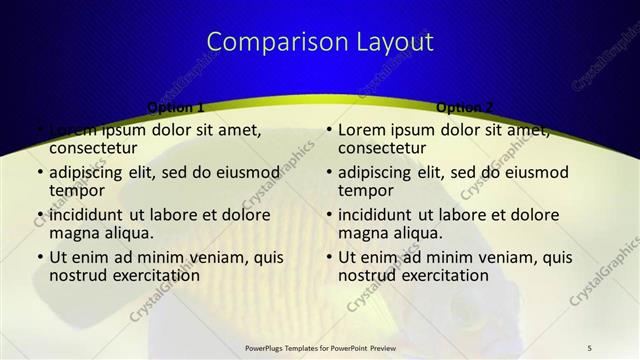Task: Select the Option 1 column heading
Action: tap(176, 107)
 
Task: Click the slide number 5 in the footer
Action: tap(590, 347)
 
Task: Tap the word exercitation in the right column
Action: tap(444, 275)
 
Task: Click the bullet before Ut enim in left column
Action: tap(39, 258)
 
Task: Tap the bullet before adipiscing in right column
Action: tap(329, 172)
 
